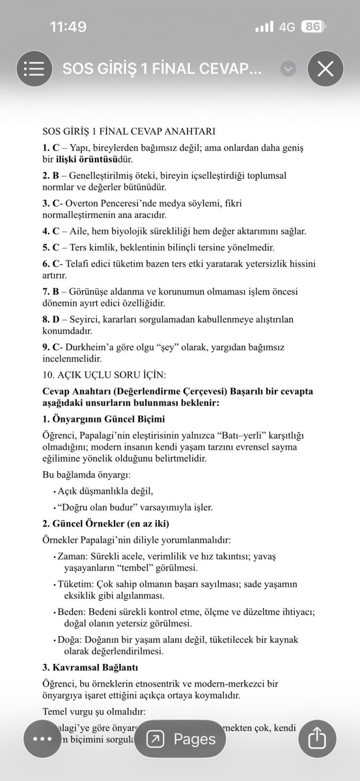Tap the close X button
tap(325, 69)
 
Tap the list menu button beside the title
tap(34, 69)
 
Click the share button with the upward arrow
tap(317, 738)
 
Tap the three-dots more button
tap(42, 738)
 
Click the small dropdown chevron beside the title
tap(288, 69)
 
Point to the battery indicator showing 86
tap(313, 27)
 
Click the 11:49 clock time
tap(68, 27)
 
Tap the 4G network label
tap(287, 27)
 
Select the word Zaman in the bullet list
tap(71, 556)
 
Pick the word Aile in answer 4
tap(79, 231)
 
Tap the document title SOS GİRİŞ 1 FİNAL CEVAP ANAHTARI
tap(129, 131)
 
